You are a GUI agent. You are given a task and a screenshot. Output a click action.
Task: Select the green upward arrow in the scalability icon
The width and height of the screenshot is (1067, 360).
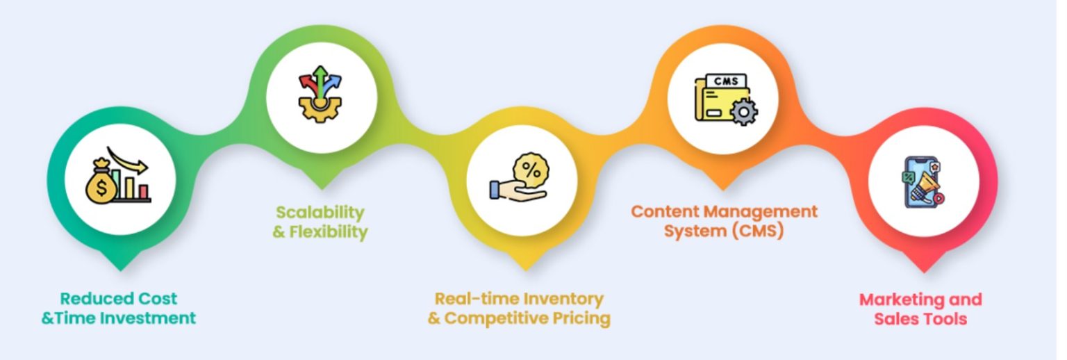point(320,81)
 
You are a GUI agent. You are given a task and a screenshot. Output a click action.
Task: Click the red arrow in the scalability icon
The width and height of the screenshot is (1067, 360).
point(308,85)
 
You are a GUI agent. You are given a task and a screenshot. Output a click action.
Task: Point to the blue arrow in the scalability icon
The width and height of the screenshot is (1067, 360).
point(333,85)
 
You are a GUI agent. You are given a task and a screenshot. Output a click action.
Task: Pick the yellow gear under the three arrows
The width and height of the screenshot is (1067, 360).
point(320,108)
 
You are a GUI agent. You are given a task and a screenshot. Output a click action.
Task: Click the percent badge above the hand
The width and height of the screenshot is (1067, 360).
point(531,170)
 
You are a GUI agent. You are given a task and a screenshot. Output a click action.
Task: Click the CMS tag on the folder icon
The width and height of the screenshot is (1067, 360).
point(725,81)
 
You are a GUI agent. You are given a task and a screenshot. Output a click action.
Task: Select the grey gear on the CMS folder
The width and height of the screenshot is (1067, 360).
point(743,112)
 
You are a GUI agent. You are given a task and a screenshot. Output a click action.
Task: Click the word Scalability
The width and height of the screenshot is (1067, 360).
point(320,212)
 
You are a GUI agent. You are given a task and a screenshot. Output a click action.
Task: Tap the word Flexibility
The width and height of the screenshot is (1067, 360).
point(329,231)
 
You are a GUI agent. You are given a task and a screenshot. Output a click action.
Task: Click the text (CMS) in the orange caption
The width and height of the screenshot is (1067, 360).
point(758,231)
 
